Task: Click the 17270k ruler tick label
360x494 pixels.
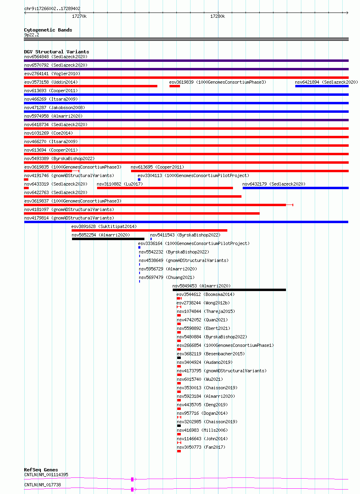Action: [79, 17]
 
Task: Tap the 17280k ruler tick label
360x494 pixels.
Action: [218, 17]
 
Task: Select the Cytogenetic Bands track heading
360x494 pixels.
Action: [48, 30]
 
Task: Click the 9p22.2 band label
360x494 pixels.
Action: [32, 35]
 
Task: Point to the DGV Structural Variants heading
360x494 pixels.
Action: [57, 52]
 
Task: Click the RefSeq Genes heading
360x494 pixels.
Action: [41, 470]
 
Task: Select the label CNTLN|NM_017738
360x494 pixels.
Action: [42, 485]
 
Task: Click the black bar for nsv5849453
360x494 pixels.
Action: [229, 290]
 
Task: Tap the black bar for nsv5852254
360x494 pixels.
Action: [108, 239]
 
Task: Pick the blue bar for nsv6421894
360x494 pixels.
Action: [322, 86]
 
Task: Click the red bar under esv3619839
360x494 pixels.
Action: [175, 86]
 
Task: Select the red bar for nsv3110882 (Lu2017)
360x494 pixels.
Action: [165, 188]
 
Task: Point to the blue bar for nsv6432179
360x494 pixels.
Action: [295, 188]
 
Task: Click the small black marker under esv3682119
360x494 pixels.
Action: [179, 358]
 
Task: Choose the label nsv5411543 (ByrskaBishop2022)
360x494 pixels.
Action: [185, 235]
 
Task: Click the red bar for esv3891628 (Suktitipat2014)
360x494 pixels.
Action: [149, 230]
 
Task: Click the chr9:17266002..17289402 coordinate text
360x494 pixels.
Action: [52, 8]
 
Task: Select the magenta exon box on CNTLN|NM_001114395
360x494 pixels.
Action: [132, 479]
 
